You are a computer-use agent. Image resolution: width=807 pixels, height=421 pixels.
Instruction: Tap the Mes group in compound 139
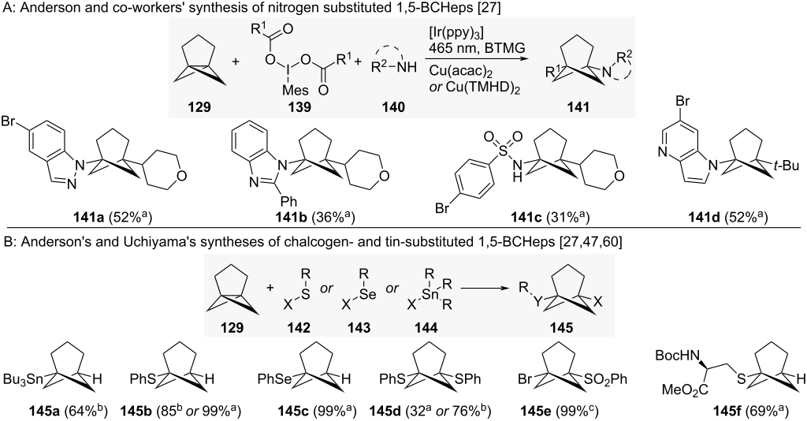(x=296, y=91)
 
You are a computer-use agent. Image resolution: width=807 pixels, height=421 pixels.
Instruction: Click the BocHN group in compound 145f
(x=675, y=356)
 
